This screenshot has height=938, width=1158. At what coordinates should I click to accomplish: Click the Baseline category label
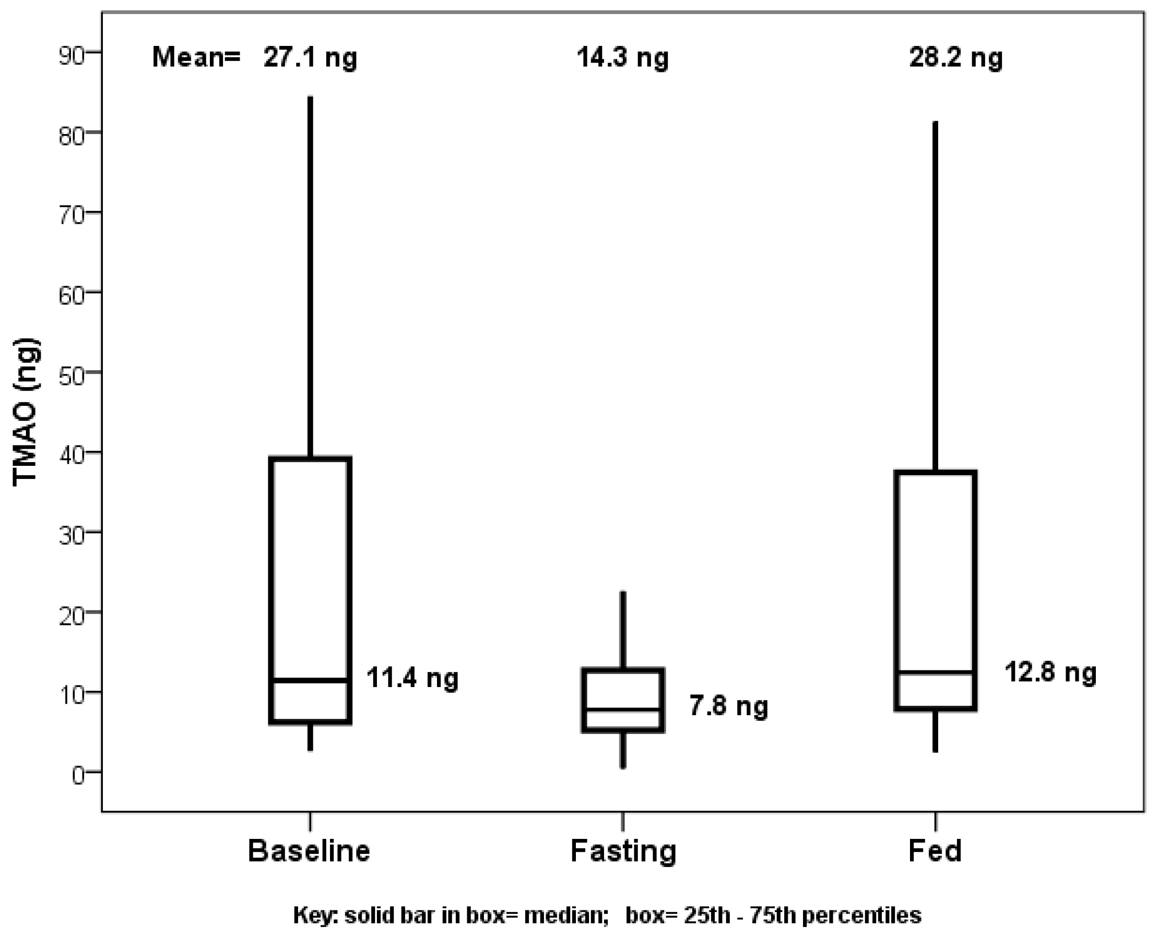click(309, 851)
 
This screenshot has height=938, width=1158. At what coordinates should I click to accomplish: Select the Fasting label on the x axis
click(623, 851)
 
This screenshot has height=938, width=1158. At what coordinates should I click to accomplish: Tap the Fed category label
click(935, 851)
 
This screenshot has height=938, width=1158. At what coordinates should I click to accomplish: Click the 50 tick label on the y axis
click(72, 376)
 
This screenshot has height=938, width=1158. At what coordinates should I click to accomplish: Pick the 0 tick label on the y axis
click(78, 776)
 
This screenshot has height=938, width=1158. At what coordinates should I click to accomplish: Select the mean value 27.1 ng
click(310, 57)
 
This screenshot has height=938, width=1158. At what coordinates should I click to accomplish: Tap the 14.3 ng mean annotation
click(622, 57)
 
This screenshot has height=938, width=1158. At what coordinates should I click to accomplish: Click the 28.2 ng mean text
click(955, 57)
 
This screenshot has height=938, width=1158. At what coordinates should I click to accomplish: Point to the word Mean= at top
click(196, 57)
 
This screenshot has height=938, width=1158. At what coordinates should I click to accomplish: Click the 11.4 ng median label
click(412, 678)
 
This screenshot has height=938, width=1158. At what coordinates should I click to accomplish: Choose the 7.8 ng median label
click(728, 706)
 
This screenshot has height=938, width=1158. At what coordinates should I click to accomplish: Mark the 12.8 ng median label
click(1050, 672)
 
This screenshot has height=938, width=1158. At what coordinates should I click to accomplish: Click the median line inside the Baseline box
click(311, 680)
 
